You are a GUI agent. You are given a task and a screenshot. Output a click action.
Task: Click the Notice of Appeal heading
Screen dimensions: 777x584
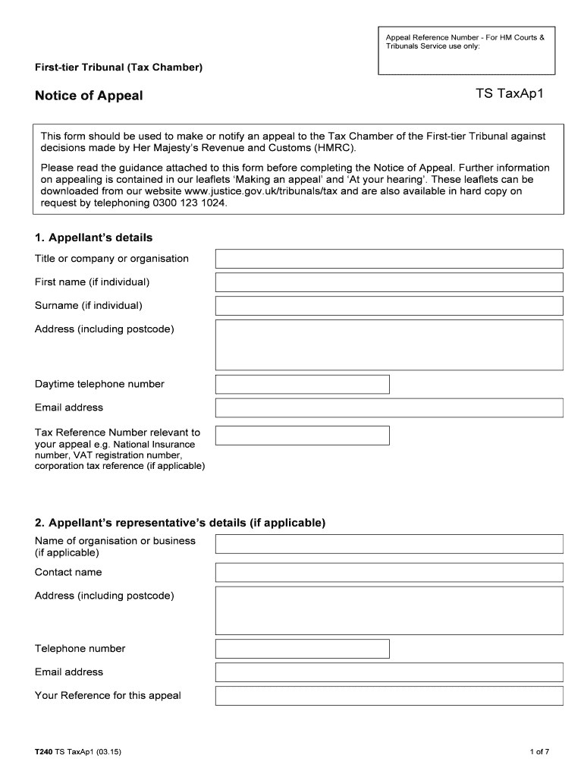[89, 96]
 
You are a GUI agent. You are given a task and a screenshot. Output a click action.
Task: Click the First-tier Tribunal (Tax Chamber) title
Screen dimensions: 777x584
[118, 68]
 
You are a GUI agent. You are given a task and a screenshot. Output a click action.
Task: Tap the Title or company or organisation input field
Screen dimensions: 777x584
[389, 259]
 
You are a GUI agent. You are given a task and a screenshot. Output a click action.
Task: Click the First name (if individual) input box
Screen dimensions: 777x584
[389, 282]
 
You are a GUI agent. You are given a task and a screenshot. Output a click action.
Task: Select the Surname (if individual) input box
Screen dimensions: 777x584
[389, 306]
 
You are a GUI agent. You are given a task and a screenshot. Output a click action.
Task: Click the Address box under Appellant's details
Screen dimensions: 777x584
[389, 344]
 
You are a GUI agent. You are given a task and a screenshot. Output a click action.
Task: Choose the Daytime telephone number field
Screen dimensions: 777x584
[303, 384]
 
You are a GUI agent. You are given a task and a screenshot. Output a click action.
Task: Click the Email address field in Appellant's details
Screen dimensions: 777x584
[389, 407]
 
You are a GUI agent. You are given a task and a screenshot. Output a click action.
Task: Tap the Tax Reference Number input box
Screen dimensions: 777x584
[303, 435]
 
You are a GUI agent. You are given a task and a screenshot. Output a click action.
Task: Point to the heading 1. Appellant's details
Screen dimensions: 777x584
[93, 238]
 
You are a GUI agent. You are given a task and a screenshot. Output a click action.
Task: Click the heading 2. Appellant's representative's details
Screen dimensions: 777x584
[180, 523]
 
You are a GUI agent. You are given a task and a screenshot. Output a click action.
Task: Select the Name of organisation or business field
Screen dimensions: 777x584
[389, 544]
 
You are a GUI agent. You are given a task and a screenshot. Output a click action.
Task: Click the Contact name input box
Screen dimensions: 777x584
[389, 572]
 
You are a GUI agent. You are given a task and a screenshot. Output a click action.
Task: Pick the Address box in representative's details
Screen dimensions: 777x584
[389, 609]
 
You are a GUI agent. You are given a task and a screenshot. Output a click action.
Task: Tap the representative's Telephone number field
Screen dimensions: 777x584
[303, 649]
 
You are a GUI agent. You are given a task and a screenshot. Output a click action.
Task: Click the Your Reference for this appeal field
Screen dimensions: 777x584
[389, 696]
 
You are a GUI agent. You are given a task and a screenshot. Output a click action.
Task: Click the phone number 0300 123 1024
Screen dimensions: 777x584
[190, 203]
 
